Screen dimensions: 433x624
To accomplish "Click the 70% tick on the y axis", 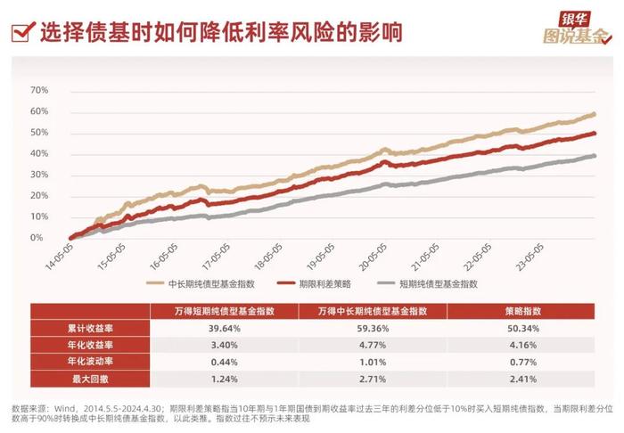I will point(38,90).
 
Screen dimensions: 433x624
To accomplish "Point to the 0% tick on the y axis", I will point(38,238).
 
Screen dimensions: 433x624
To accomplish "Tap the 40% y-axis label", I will point(38,153).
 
